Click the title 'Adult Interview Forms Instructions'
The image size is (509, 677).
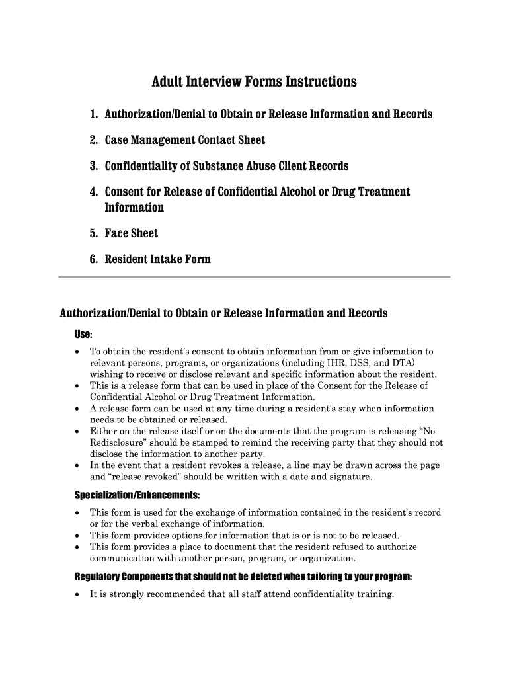[x=254, y=82]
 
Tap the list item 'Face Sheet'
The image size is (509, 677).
[x=132, y=233]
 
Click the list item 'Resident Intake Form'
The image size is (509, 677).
[x=157, y=259]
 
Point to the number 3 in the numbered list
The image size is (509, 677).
[x=94, y=166]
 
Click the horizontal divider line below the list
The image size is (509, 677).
[x=254, y=276]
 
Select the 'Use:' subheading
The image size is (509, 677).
[x=83, y=334]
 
